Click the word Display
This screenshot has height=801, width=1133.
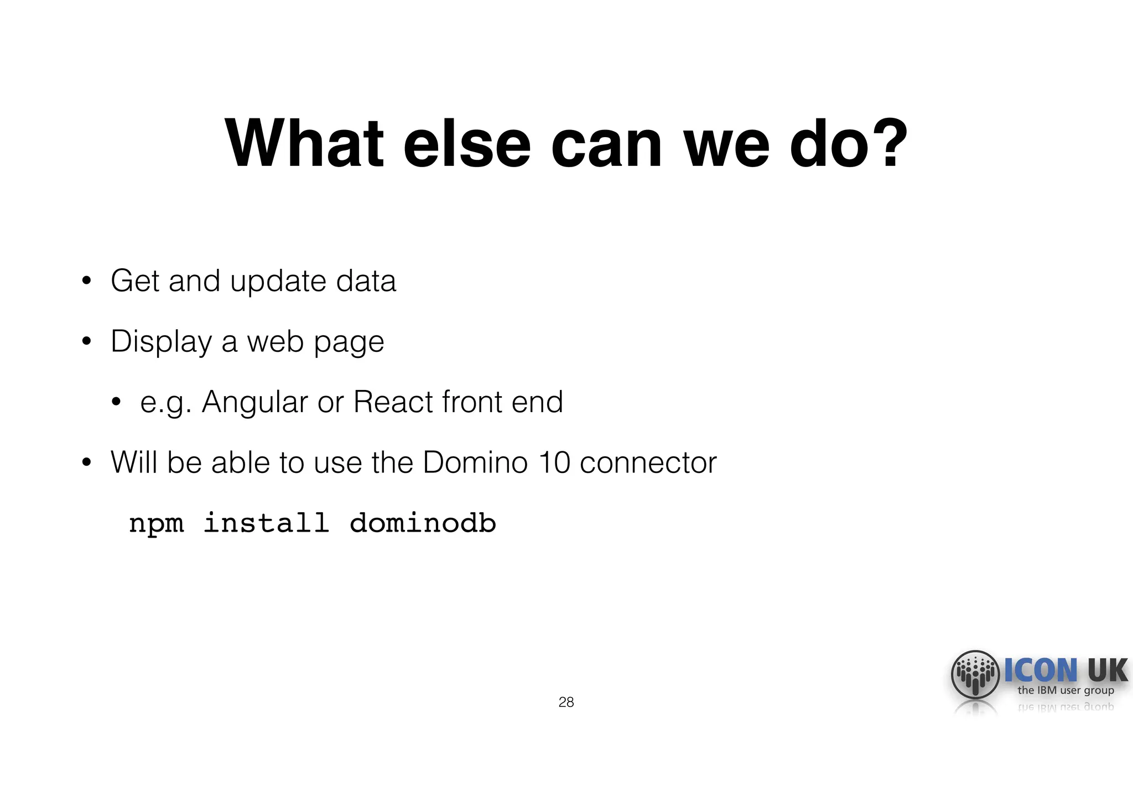pos(161,342)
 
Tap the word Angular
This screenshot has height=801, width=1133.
pos(254,402)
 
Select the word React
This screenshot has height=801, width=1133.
pos(393,402)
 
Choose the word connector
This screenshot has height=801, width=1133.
pos(648,462)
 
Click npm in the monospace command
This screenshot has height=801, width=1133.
pos(156,524)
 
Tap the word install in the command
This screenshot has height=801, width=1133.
pos(266,523)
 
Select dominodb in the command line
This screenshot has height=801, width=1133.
pos(423,523)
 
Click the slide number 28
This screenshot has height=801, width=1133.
pos(566,702)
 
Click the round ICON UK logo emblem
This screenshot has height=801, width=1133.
pos(975,674)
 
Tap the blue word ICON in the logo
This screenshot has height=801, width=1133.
pos(1041,670)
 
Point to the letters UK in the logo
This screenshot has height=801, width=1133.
pos(1107,670)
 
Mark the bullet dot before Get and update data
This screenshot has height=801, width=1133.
pos(86,280)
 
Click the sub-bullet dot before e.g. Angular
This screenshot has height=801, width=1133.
pos(116,402)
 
